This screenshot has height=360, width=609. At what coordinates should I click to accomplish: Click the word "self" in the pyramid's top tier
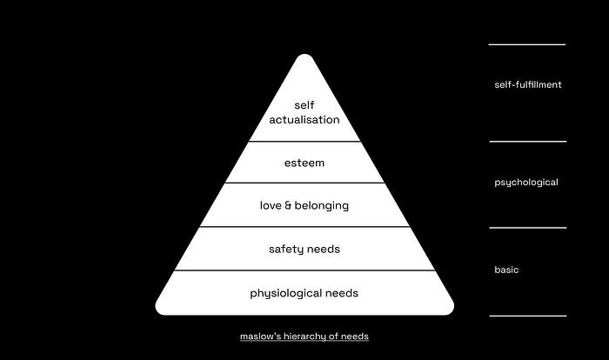304,104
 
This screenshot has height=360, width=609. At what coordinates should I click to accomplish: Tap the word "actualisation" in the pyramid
304,119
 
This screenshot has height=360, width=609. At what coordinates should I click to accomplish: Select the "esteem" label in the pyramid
304,162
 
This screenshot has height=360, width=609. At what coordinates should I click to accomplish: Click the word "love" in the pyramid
271,205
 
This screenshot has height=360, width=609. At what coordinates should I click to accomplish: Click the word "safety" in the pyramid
286,250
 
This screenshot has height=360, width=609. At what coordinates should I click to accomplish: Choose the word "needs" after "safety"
324,250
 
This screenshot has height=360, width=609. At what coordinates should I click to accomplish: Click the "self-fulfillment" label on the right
527,84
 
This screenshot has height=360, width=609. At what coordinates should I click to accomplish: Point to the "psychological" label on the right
525,183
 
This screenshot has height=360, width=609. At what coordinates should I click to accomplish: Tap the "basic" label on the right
506,270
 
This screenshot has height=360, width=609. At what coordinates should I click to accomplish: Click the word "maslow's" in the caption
260,336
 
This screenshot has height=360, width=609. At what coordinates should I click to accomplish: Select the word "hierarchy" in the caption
303,336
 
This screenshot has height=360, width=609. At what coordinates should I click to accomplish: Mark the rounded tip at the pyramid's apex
304,59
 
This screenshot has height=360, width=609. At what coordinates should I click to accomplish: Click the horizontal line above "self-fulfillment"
526,44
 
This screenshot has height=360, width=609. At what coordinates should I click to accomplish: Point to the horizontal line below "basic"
526,316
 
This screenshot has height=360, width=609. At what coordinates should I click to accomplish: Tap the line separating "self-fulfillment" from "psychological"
526,141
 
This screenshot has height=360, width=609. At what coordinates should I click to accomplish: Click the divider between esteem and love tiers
304,183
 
